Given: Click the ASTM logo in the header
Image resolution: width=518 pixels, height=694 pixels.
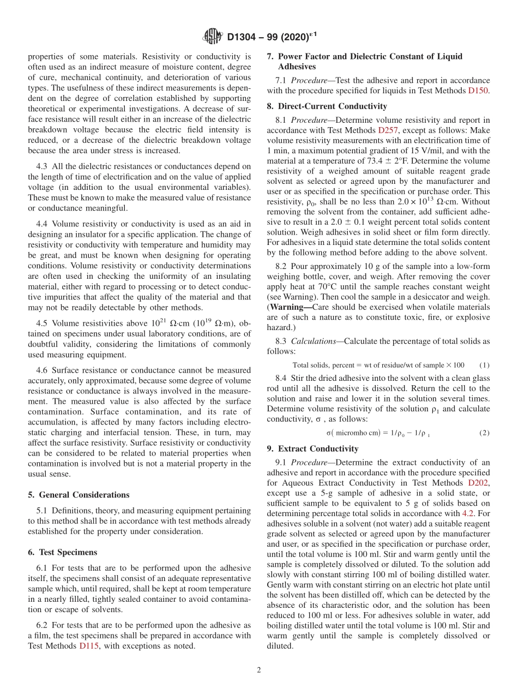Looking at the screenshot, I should pos(212,37).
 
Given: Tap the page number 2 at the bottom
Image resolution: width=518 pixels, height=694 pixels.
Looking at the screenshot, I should pos(259,670).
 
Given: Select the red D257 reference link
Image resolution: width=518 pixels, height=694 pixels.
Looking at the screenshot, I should pos(388,130).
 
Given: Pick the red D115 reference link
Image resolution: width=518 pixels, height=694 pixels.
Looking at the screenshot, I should pos(89,646).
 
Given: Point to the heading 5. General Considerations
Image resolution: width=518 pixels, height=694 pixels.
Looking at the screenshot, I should pos(79,495).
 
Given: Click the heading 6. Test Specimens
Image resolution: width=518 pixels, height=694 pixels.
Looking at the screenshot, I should pos(62,552).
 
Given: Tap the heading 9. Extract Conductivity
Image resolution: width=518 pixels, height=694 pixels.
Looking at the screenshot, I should pos(312,448).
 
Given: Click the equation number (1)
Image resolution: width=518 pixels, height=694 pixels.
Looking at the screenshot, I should pos(484,365).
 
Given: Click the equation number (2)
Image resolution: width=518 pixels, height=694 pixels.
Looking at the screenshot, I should pos(484,433).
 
